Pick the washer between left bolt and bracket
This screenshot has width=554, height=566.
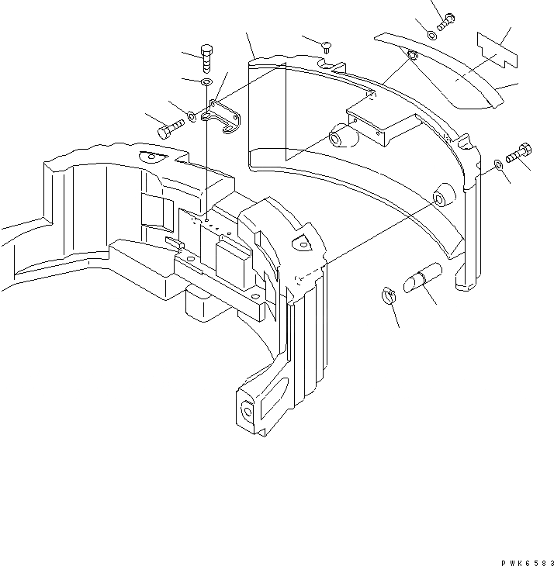point(191,118)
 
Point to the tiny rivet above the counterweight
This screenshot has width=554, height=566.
point(326,48)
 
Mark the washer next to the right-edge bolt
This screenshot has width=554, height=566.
point(498,163)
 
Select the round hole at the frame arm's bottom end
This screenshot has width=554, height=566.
point(248,409)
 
